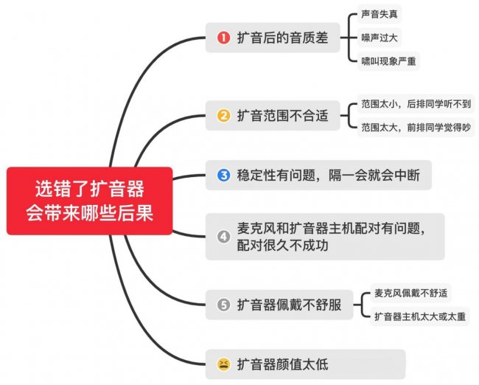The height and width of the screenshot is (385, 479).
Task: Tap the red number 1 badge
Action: (x=223, y=38)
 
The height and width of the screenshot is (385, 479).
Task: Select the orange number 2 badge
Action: (x=223, y=116)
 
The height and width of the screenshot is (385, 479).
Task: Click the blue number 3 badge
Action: (x=223, y=176)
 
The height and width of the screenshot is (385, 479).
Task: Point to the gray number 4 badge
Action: (x=223, y=237)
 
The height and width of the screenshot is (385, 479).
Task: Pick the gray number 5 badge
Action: (x=223, y=305)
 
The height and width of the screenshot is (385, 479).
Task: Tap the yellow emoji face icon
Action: (x=223, y=364)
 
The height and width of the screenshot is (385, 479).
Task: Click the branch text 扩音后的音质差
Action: (x=282, y=38)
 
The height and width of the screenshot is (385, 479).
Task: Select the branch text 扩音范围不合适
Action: (x=282, y=116)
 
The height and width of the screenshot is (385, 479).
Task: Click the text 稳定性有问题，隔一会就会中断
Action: (x=328, y=176)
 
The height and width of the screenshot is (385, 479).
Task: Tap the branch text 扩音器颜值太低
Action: (x=282, y=364)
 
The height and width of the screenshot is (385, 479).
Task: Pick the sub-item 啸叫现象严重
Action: (x=389, y=60)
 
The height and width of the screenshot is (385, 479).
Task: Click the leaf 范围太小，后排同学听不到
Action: (x=416, y=104)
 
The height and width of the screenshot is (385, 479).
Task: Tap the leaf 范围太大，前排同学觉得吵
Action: (x=416, y=128)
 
